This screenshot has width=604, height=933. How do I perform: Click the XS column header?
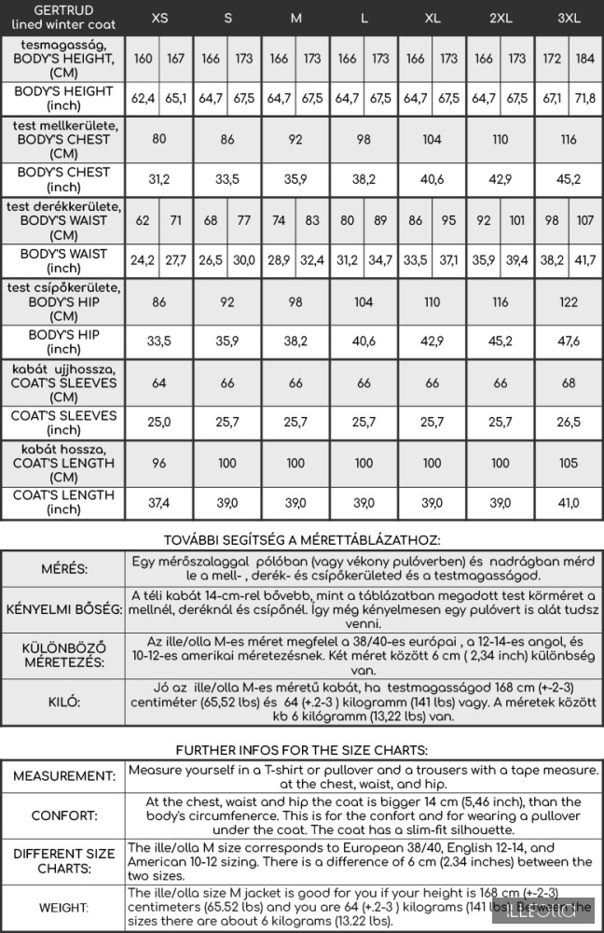point(159,18)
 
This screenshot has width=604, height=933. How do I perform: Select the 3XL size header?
point(569,18)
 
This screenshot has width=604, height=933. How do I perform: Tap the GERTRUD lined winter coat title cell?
point(63,18)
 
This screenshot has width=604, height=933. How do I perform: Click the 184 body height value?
point(584,59)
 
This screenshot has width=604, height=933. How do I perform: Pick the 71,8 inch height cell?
point(584,98)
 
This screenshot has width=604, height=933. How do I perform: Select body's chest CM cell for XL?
point(432,139)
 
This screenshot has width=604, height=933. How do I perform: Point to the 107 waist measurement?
point(584,221)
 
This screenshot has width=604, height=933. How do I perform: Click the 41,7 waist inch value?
point(584,260)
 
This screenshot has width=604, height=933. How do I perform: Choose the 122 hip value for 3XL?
point(569,302)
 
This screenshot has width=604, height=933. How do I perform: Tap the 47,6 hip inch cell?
point(569,341)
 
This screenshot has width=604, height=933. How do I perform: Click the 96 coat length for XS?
point(159,463)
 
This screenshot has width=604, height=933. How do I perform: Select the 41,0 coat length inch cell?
point(569,503)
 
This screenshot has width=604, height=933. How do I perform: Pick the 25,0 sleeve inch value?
point(159,423)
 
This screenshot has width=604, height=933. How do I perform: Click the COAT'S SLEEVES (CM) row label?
point(63,383)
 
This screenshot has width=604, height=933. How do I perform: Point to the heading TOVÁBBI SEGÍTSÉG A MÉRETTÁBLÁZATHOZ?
point(302,539)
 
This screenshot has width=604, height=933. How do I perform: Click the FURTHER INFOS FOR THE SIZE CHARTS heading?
point(302,750)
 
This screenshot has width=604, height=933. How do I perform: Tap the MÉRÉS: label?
point(63,569)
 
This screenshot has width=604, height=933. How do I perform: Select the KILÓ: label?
point(63,703)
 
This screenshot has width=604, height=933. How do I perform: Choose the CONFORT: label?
point(63,815)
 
